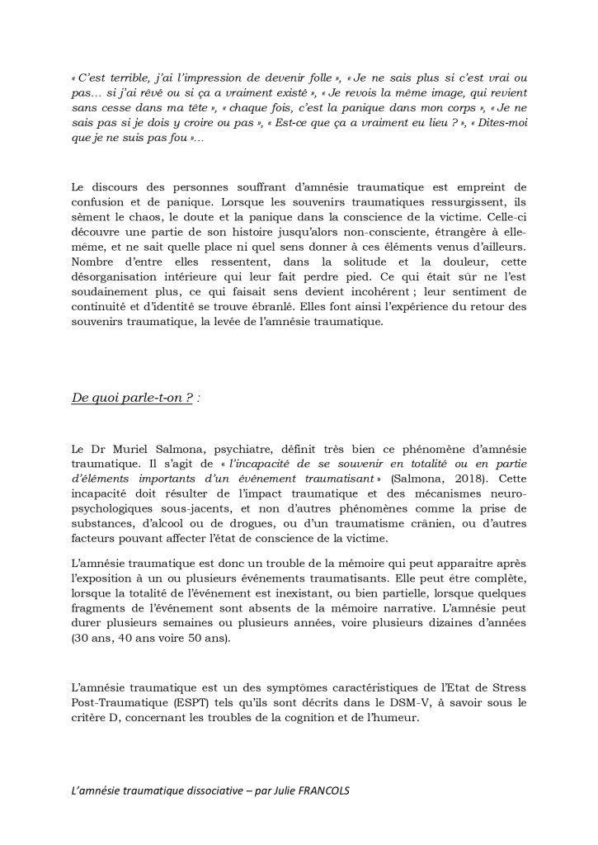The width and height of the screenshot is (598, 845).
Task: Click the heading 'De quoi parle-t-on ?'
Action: [131, 397]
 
